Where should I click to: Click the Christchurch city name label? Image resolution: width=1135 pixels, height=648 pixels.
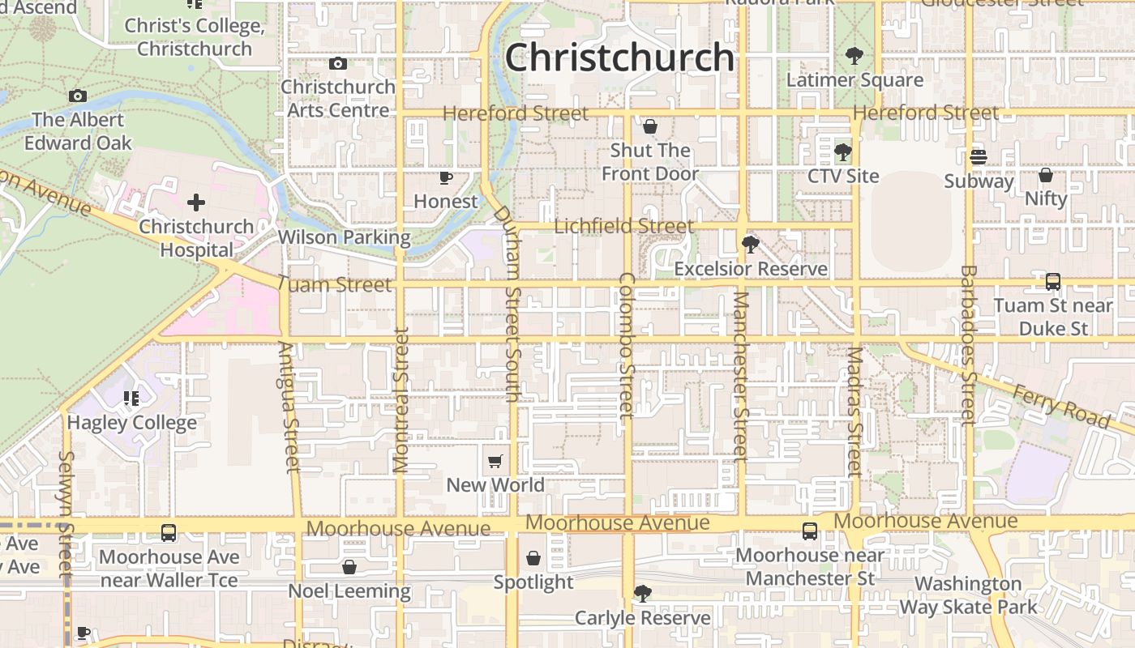(619, 58)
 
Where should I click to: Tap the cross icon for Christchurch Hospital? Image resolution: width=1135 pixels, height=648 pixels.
(196, 202)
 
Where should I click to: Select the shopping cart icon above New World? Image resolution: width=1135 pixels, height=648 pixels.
(495, 462)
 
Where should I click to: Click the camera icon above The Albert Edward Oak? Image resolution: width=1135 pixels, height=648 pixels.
(78, 96)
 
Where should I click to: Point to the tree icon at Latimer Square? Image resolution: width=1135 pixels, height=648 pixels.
(854, 56)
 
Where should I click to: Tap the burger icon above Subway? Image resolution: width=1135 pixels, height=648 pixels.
(979, 157)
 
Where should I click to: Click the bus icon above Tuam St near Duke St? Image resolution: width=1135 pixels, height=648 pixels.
(1052, 282)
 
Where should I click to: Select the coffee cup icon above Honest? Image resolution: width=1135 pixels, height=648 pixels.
(445, 177)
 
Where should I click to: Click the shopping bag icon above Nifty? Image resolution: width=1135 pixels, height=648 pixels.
(1046, 175)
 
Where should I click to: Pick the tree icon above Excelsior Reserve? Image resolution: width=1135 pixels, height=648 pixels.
(750, 244)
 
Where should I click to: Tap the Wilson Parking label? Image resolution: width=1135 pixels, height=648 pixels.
(344, 237)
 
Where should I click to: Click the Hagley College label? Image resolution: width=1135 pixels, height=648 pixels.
(131, 422)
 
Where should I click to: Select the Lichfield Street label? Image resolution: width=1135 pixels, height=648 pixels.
(623, 226)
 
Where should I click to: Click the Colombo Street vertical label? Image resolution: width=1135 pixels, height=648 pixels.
(626, 345)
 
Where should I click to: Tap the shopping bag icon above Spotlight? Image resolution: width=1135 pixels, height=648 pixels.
(533, 558)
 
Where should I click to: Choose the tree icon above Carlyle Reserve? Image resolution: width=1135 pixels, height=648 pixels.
(643, 594)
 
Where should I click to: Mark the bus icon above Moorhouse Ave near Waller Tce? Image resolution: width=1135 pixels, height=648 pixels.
(169, 533)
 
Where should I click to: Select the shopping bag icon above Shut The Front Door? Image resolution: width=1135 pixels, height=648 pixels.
(649, 126)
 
